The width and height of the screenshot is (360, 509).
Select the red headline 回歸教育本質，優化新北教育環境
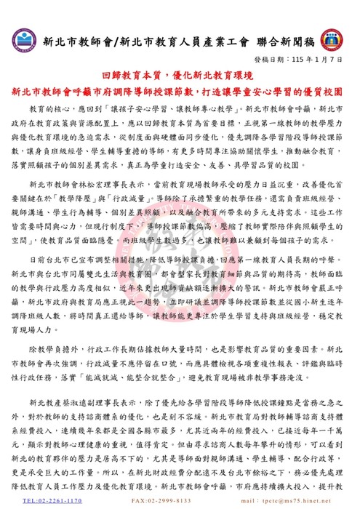(x=179, y=78)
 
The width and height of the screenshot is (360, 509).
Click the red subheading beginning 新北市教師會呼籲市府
(x=179, y=92)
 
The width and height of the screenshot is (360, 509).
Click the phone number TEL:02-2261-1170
(x=52, y=501)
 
